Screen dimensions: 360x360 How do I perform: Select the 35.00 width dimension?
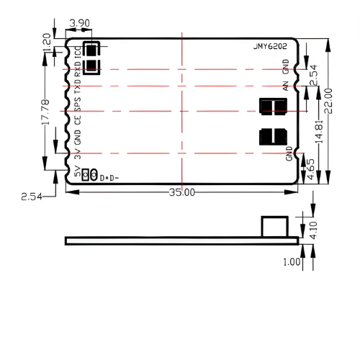point(181,192)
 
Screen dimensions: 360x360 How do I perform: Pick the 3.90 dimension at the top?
point(78,24)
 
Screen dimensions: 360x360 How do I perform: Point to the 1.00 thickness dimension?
point(292,262)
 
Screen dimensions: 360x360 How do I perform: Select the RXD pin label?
point(78,70)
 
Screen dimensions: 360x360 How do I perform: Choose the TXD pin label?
point(78,88)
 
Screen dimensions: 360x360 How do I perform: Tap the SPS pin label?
point(78,104)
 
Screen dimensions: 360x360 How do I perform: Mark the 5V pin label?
point(78,171)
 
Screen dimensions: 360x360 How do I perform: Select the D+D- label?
point(109,177)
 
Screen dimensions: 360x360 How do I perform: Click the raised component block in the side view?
point(274,225)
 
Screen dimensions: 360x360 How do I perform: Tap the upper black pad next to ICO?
point(91,50)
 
